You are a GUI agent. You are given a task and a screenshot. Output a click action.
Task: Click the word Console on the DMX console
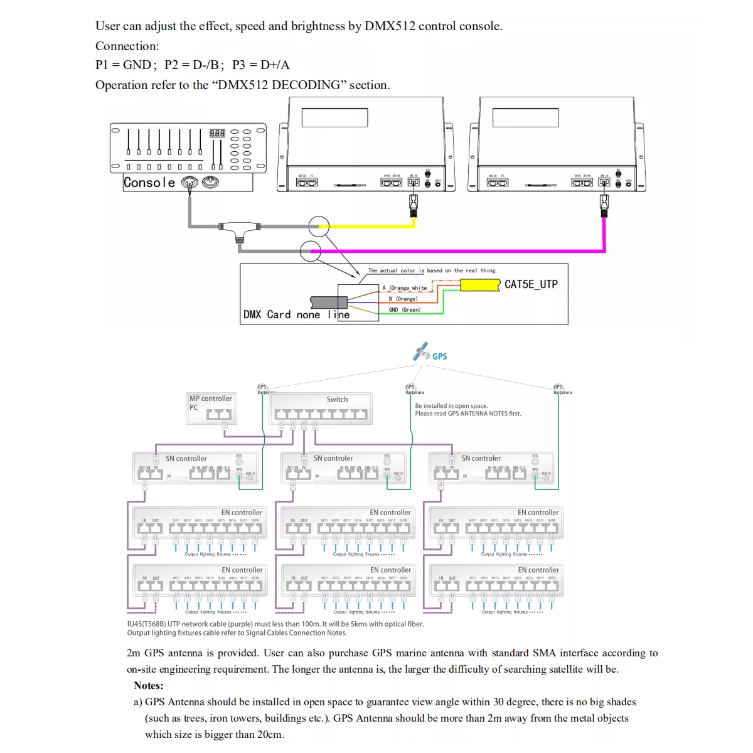click(149, 183)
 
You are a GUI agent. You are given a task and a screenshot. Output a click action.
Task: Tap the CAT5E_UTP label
click(531, 284)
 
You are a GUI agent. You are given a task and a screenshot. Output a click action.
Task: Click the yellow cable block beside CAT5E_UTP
click(480, 285)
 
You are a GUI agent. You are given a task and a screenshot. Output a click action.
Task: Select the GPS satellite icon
click(421, 351)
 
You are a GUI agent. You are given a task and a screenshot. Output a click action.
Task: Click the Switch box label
click(337, 400)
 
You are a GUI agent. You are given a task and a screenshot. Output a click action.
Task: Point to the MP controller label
click(211, 398)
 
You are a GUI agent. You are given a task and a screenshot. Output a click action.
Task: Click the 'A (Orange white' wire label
click(405, 288)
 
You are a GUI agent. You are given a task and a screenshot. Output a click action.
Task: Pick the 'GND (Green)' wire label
click(404, 310)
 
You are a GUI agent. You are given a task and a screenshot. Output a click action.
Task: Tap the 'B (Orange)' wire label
click(403, 299)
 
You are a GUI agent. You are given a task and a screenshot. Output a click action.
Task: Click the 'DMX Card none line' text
click(296, 314)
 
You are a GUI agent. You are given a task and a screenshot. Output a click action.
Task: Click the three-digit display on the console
click(217, 133)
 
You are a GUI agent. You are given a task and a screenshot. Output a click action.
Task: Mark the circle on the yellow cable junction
click(319, 226)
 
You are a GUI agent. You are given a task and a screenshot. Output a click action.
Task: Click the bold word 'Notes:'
click(149, 685)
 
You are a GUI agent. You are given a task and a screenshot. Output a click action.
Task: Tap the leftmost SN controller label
click(186, 459)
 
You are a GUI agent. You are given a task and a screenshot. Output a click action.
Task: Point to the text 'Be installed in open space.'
click(451, 406)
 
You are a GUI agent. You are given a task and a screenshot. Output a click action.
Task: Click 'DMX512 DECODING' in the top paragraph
click(279, 85)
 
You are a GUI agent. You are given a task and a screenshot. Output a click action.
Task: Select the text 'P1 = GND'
click(123, 65)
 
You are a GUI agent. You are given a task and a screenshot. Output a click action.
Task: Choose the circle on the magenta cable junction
click(311, 250)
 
